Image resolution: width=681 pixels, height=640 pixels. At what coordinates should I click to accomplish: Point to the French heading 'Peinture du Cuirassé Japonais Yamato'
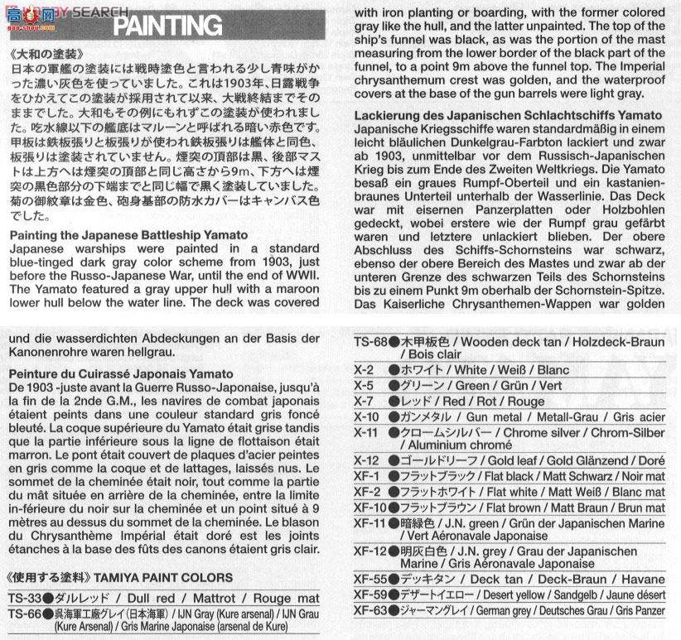click(x=122, y=375)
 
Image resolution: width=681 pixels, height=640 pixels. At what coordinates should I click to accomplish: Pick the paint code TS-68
click(x=372, y=342)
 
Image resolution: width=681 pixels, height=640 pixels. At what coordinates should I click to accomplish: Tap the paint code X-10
click(x=366, y=416)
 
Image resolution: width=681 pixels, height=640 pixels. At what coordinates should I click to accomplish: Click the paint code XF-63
click(x=370, y=611)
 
